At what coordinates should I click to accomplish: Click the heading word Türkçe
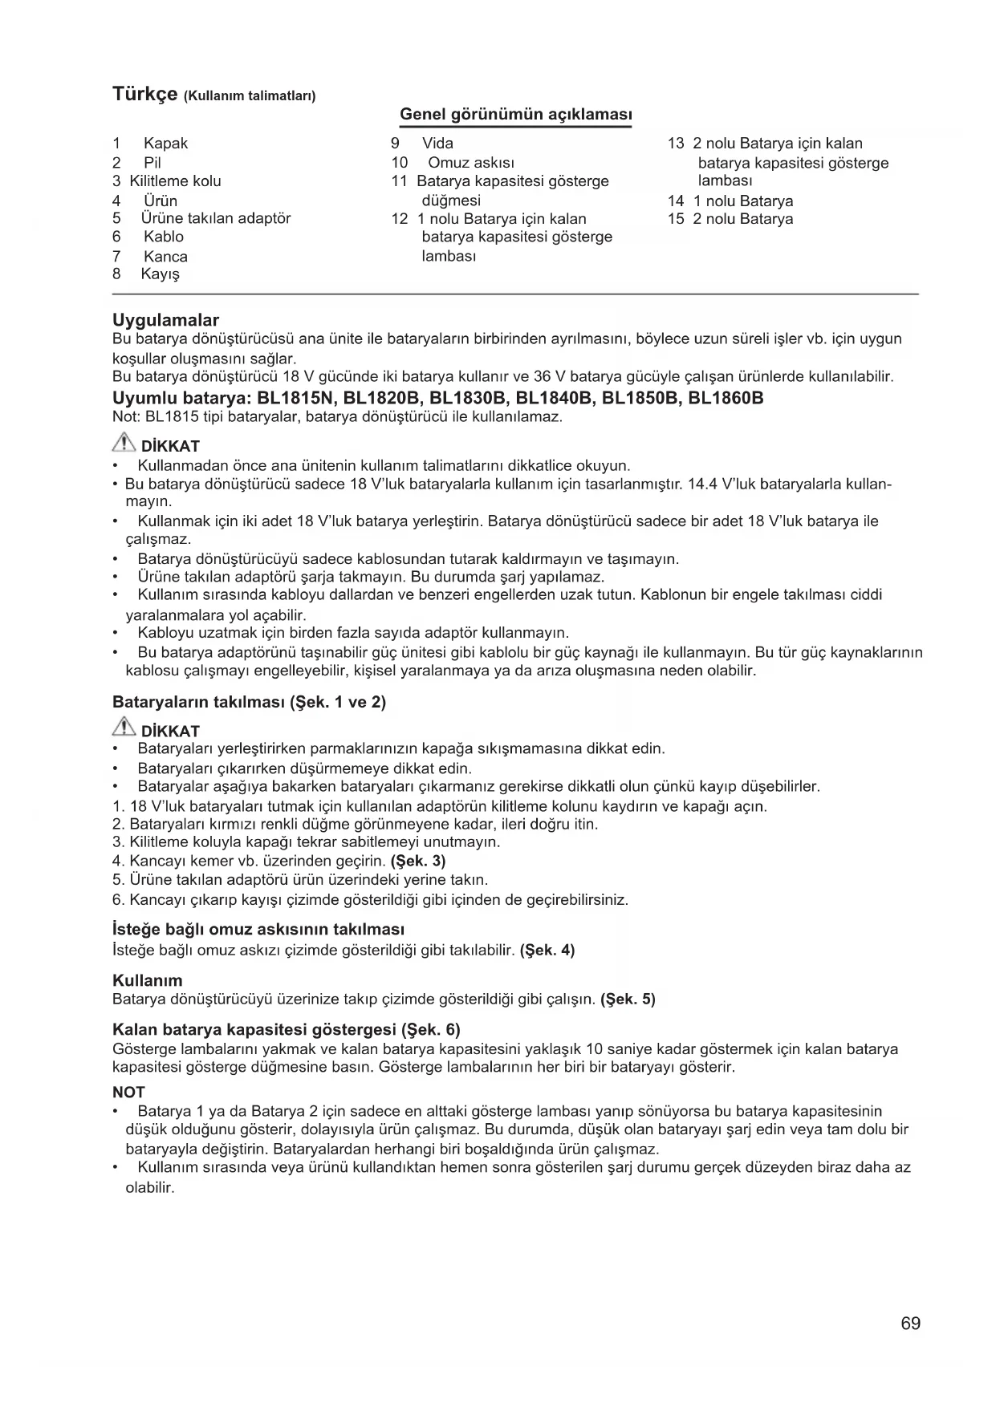(144, 94)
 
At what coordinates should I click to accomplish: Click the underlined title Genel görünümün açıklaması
(515, 114)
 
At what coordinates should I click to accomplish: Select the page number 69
(910, 1324)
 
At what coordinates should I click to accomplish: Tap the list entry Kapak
(165, 144)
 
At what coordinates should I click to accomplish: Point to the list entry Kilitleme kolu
(175, 181)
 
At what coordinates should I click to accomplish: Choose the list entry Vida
(437, 144)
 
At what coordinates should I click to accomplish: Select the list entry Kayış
(160, 274)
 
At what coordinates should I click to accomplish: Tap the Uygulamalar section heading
(165, 321)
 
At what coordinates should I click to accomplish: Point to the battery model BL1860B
(726, 398)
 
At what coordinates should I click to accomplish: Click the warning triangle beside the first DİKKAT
(124, 444)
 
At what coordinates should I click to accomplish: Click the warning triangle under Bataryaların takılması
(124, 729)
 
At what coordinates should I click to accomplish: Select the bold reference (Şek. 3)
(417, 862)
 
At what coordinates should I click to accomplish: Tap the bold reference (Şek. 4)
(547, 951)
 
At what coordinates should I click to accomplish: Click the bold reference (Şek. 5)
(628, 999)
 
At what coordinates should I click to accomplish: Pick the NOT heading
(128, 1093)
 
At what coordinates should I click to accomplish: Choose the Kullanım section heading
(148, 980)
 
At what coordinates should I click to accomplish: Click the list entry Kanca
(165, 257)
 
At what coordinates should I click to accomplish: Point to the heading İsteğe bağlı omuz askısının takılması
(258, 930)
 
